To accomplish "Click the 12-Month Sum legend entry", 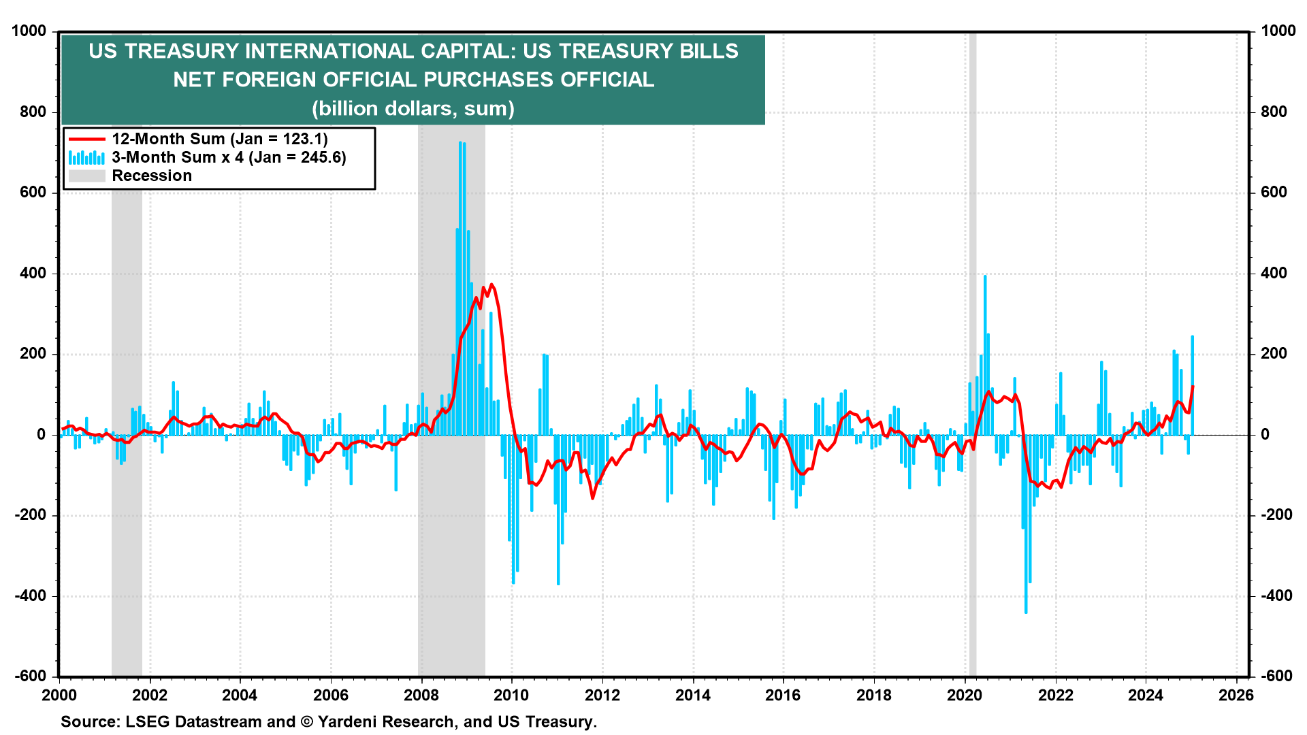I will coord(219,139).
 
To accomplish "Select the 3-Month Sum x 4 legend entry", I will coord(229,157).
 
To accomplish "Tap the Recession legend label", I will coord(152,176).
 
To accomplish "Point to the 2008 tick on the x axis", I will coord(421,695).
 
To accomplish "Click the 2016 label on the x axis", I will coord(783,695).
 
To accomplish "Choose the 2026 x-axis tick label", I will coord(1236,695).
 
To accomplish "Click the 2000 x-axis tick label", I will coord(59,695).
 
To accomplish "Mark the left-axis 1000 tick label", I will coord(29,31).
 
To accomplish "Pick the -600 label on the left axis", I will coord(31,676).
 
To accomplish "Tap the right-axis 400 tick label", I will coord(1274,274).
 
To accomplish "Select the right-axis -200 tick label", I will coord(1276,515).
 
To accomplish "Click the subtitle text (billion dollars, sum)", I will coord(413,109).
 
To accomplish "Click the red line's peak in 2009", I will coord(491,284).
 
